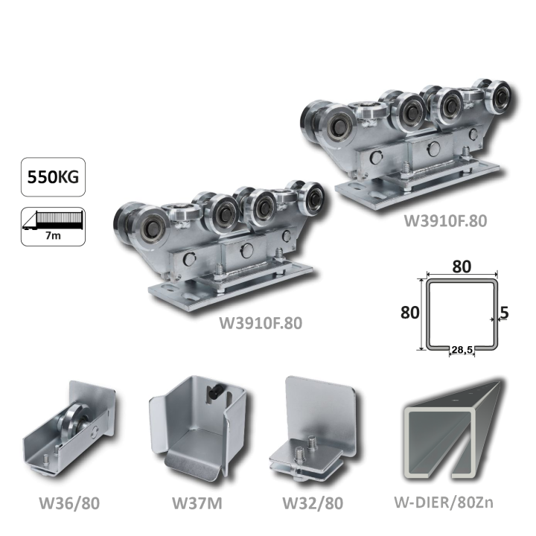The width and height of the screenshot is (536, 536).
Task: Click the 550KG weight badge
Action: tap(53, 176)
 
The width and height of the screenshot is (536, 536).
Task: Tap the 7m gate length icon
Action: tap(53, 226)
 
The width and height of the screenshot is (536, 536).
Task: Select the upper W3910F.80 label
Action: tap(445, 221)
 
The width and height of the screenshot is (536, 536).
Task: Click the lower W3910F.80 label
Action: tap(261, 323)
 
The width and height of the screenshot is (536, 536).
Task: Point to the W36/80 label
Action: tap(69, 502)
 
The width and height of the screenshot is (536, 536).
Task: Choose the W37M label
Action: tap(197, 502)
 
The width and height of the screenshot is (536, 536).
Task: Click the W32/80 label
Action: tap(313, 502)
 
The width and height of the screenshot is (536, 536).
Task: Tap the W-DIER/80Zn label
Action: tap(444, 502)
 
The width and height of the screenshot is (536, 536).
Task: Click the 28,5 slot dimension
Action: tap(462, 349)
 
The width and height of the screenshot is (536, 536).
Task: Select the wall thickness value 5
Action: tap(504, 313)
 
